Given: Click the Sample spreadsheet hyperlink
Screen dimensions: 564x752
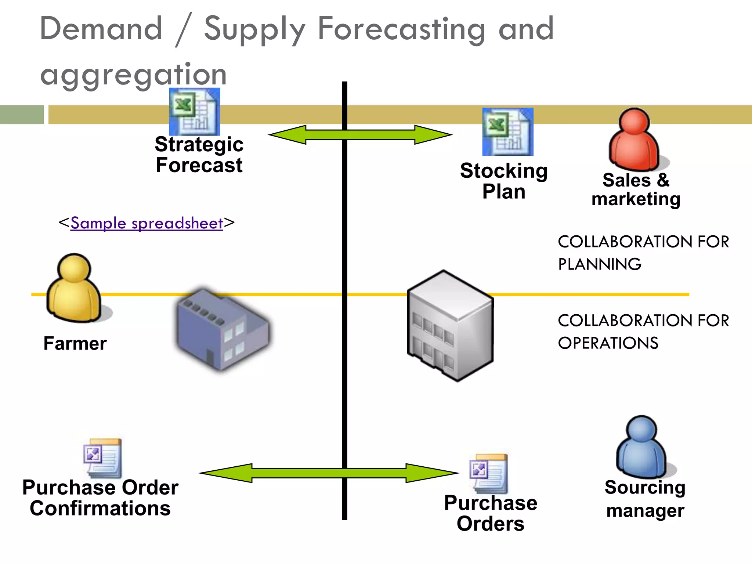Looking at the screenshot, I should pos(147,223).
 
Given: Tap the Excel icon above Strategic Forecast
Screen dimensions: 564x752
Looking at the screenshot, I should pos(195,112).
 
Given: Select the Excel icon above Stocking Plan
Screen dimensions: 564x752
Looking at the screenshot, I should pos(508,132).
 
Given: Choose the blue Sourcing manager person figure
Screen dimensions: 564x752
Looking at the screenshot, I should pos(642,448).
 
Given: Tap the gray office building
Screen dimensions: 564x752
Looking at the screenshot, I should pos(451,326).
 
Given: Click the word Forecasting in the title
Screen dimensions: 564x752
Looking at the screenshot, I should pos(401,29).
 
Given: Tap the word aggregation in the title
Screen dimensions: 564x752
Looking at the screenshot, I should pos(133,75).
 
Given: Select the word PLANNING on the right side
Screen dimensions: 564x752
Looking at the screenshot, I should pos(600,264).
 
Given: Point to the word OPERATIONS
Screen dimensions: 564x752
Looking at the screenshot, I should pos(608,343).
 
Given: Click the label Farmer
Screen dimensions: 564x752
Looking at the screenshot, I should pos(75,344).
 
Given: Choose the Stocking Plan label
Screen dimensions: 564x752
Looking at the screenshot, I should pos(504,181).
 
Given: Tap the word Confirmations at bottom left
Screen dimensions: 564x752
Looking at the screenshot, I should pos(100,509).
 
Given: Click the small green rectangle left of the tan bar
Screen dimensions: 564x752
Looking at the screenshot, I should pos(22,115).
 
